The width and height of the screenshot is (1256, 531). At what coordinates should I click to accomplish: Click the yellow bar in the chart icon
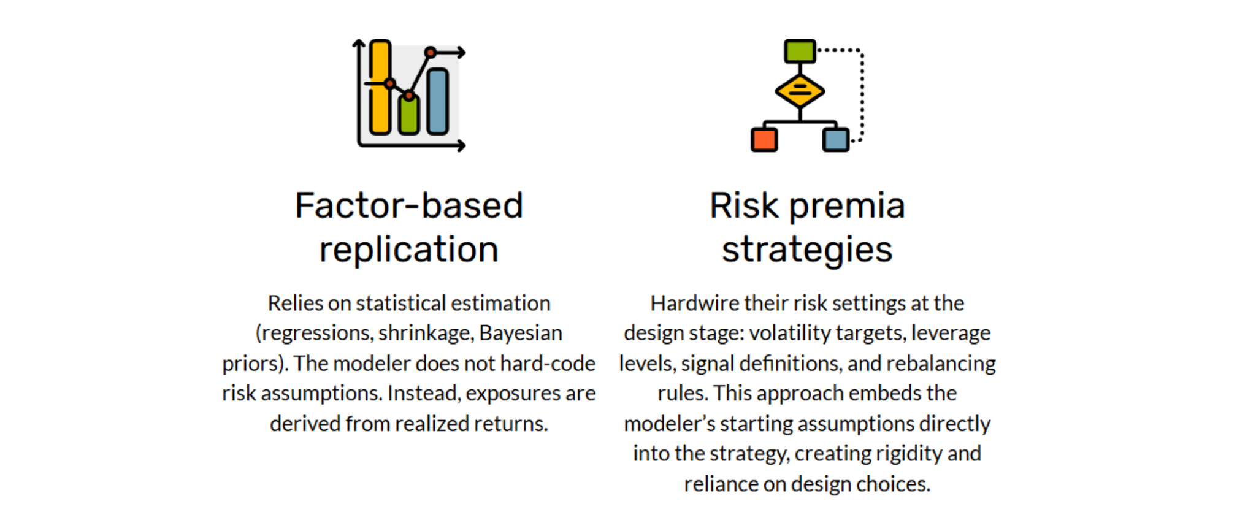[x=380, y=87]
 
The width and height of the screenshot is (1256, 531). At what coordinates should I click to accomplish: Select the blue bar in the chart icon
[x=437, y=101]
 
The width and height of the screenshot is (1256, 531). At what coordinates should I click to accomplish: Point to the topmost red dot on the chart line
[x=431, y=53]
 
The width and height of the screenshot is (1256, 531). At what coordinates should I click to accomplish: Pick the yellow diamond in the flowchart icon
[x=800, y=91]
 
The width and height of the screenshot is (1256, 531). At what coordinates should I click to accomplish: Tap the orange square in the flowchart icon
[x=764, y=139]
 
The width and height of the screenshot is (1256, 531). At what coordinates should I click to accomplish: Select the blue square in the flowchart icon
[x=836, y=139]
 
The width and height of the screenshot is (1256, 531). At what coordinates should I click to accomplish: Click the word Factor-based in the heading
[x=409, y=205]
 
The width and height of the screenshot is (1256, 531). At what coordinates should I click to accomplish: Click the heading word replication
[x=409, y=250]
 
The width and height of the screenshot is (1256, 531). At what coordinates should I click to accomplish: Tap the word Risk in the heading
[x=744, y=205]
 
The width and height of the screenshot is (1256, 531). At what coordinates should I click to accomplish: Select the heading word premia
[x=847, y=207]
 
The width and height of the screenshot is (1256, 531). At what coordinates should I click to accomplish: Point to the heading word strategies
[x=807, y=250]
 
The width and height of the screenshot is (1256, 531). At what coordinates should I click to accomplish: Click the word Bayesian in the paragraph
[x=521, y=334]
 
